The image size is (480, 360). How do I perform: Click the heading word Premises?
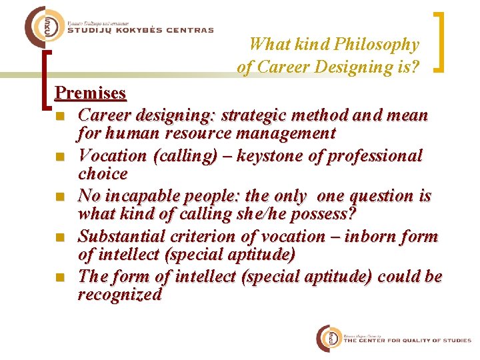point(90,92)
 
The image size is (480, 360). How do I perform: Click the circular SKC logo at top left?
point(42,27)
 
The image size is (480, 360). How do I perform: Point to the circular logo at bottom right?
point(329,339)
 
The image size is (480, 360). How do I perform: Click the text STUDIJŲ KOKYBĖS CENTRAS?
point(141,30)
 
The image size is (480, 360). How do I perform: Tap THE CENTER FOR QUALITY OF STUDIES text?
point(407,341)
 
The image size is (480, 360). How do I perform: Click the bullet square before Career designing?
point(60,117)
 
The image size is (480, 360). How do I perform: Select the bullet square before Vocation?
point(60,157)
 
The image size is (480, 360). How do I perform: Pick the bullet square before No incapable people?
point(60,197)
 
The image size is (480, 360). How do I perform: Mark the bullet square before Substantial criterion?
point(60,237)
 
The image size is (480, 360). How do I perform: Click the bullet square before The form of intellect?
point(60,277)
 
